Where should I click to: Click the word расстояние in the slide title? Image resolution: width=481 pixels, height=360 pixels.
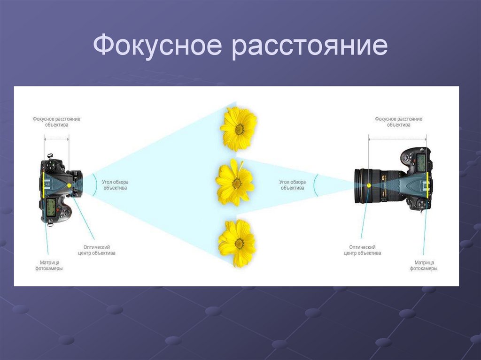tap(310, 47)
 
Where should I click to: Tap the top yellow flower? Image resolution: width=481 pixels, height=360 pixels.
tap(238, 128)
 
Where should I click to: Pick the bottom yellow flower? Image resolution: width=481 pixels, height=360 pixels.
tap(237, 243)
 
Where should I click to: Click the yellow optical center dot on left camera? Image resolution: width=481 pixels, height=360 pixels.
tap(69, 185)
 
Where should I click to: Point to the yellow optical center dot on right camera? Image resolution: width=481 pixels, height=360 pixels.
tap(369, 185)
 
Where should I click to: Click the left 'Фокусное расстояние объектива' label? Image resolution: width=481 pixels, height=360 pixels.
tap(56, 122)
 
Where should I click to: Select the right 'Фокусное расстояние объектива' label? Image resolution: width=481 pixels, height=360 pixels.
tap(398, 122)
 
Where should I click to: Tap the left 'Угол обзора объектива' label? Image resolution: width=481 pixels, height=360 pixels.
tap(115, 185)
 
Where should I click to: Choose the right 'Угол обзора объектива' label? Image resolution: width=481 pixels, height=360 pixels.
tap(292, 185)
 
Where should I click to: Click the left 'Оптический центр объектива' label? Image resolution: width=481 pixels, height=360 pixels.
tap(97, 250)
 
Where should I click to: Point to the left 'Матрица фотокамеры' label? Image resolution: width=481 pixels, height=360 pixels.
tap(49, 266)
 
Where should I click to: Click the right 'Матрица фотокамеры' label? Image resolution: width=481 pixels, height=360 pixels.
tap(424, 266)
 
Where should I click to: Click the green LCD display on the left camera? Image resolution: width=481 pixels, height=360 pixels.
tap(51, 205)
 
